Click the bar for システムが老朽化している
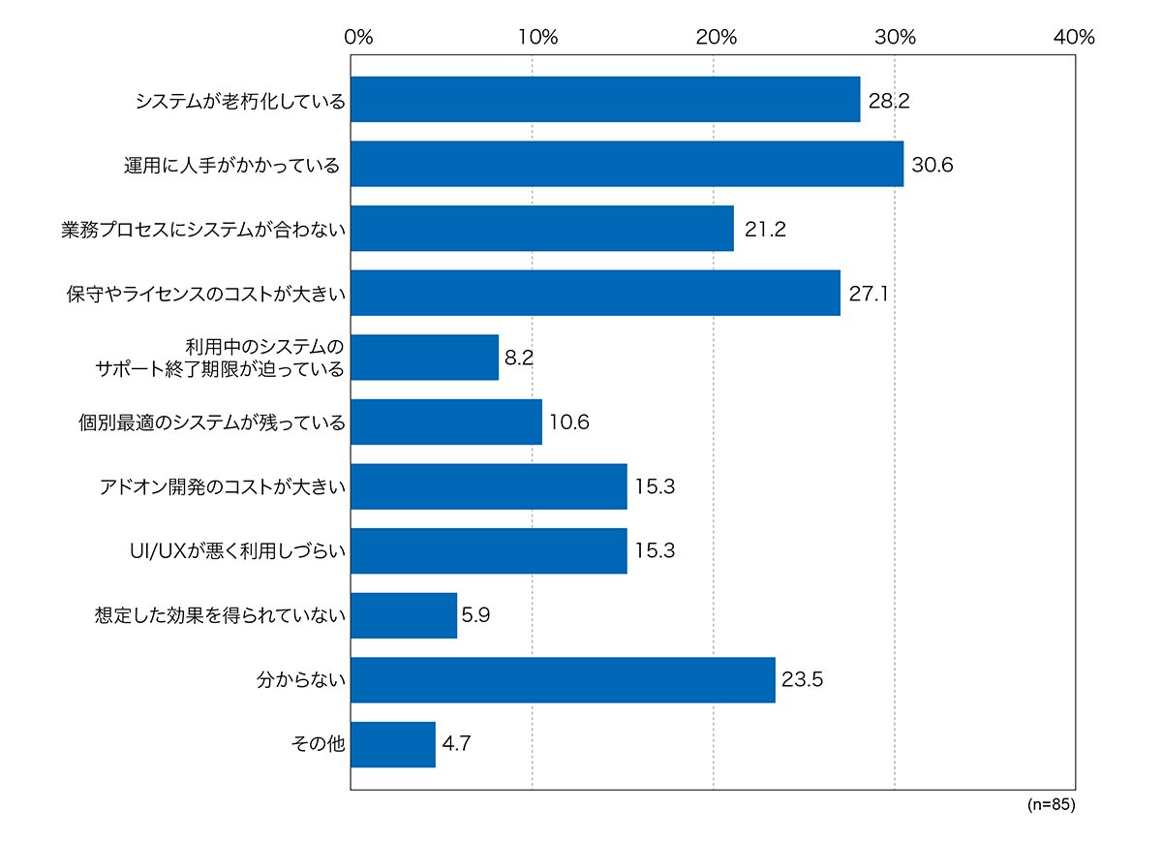(x=605, y=100)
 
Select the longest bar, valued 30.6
(x=627, y=164)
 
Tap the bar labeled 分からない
(x=563, y=680)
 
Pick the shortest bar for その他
(x=393, y=744)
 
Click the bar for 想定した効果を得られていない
(x=404, y=615)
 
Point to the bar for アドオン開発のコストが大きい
(x=489, y=486)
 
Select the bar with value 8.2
(x=425, y=358)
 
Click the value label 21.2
(x=765, y=229)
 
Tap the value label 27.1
(x=869, y=294)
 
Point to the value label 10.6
(x=569, y=422)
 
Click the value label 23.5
(x=802, y=679)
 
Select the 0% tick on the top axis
(x=358, y=37)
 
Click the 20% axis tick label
(x=716, y=37)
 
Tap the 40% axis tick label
(x=1074, y=37)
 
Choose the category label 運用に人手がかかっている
(x=231, y=166)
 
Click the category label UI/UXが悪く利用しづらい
(x=237, y=550)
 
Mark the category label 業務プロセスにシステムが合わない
(x=203, y=230)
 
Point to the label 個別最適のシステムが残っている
(x=212, y=422)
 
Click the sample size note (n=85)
(x=1051, y=804)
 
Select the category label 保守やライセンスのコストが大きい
(x=206, y=295)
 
